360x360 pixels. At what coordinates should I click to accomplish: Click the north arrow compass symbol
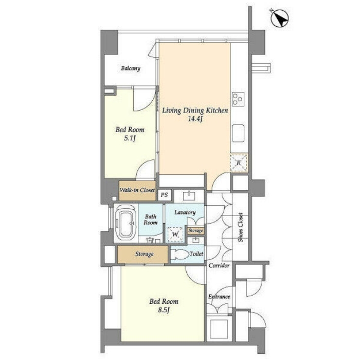(x=280, y=19)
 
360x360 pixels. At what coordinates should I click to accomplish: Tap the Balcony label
(x=131, y=68)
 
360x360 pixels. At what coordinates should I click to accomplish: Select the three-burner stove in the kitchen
(x=238, y=99)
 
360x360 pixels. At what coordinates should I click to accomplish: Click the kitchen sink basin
(x=238, y=133)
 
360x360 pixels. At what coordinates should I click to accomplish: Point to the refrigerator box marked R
(x=239, y=163)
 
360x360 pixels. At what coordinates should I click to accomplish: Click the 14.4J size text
(x=195, y=119)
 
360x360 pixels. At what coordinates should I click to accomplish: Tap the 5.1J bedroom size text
(x=130, y=138)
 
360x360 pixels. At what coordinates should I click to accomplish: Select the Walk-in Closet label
(x=137, y=190)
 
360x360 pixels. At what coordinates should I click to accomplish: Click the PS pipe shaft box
(x=164, y=195)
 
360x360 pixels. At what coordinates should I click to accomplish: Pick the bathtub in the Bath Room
(x=125, y=223)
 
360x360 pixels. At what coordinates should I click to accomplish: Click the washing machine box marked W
(x=175, y=234)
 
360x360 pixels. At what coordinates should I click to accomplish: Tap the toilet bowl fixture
(x=180, y=254)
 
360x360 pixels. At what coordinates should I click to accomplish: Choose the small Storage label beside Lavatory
(x=195, y=230)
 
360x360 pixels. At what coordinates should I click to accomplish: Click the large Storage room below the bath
(x=143, y=254)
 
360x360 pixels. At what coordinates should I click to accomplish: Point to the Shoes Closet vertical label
(x=240, y=227)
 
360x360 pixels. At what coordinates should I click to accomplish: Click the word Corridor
(x=219, y=265)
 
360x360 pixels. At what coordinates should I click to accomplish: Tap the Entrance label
(x=219, y=297)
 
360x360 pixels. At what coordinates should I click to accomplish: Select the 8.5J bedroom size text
(x=164, y=310)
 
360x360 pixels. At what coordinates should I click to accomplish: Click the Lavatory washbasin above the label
(x=189, y=196)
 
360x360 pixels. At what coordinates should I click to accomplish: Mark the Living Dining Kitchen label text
(x=195, y=111)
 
